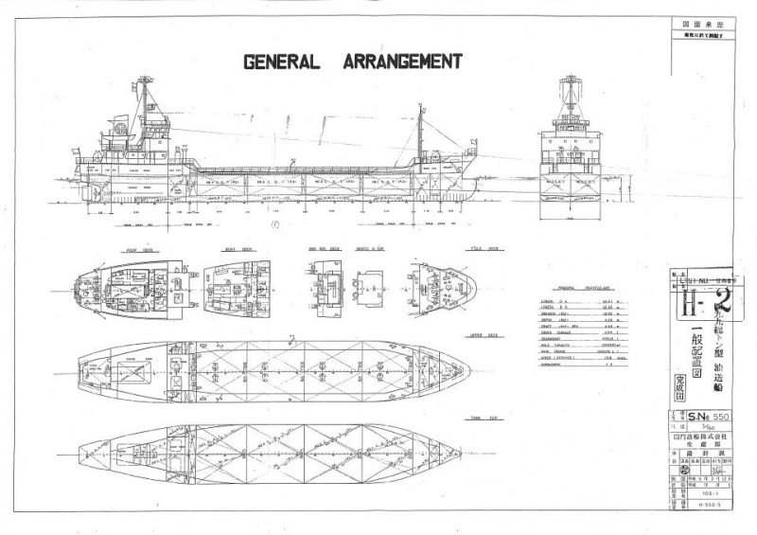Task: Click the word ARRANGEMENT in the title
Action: tap(394, 62)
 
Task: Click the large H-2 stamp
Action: tap(709, 306)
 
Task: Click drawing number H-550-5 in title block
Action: tap(709, 505)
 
